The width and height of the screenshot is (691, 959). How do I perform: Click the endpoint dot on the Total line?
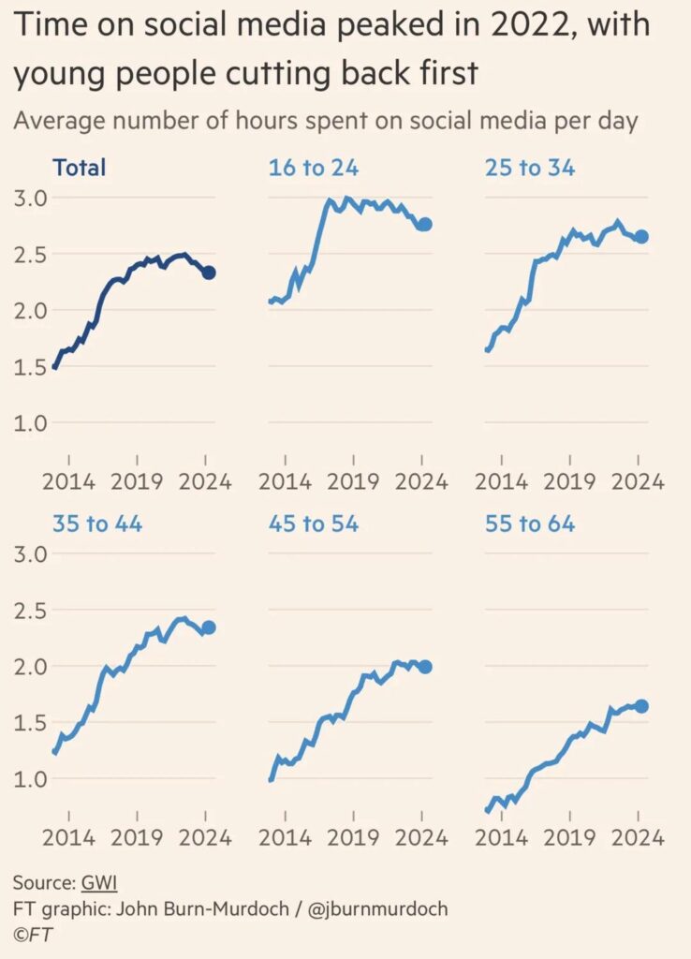pyautogui.click(x=209, y=273)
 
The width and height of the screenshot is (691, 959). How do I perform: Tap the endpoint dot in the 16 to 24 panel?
pyautogui.click(x=424, y=224)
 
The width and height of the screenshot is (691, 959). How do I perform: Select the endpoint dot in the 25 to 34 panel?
pyautogui.click(x=640, y=237)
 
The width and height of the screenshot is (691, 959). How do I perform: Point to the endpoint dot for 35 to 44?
pyautogui.click(x=209, y=627)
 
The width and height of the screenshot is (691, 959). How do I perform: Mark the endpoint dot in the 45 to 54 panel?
pyautogui.click(x=424, y=667)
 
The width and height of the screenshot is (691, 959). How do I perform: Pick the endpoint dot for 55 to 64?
pyautogui.click(x=640, y=706)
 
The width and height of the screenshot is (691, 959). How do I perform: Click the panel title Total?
pyautogui.click(x=80, y=169)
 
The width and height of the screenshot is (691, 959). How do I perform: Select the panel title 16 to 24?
pyautogui.click(x=314, y=169)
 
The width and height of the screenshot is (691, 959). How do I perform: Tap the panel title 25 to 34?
pyautogui.click(x=530, y=169)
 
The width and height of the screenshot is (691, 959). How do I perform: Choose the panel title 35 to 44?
pyautogui.click(x=97, y=524)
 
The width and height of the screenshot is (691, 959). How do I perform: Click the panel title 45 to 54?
pyautogui.click(x=314, y=524)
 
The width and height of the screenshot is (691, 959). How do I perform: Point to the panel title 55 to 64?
pyautogui.click(x=530, y=524)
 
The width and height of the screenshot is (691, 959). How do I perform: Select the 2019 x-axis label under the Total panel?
pyautogui.click(x=138, y=482)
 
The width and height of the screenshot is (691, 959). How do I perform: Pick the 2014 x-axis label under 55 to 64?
pyautogui.click(x=502, y=837)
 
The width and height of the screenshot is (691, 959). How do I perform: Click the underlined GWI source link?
pyautogui.click(x=98, y=882)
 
